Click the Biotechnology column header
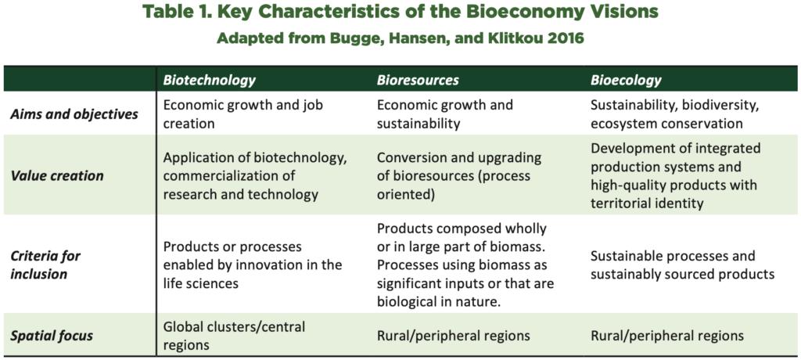[210, 81]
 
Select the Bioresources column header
[418, 81]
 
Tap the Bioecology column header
[626, 81]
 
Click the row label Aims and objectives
[74, 114]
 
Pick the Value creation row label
[56, 176]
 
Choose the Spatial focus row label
[52, 336]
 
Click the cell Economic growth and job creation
[243, 114]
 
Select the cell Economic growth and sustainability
[445, 114]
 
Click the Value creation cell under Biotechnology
[255, 176]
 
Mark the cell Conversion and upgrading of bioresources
[458, 176]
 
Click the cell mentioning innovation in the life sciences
[253, 265]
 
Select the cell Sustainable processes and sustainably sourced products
[682, 265]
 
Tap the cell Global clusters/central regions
[234, 336]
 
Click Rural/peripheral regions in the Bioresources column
[453, 336]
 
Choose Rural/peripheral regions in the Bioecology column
[666, 336]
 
